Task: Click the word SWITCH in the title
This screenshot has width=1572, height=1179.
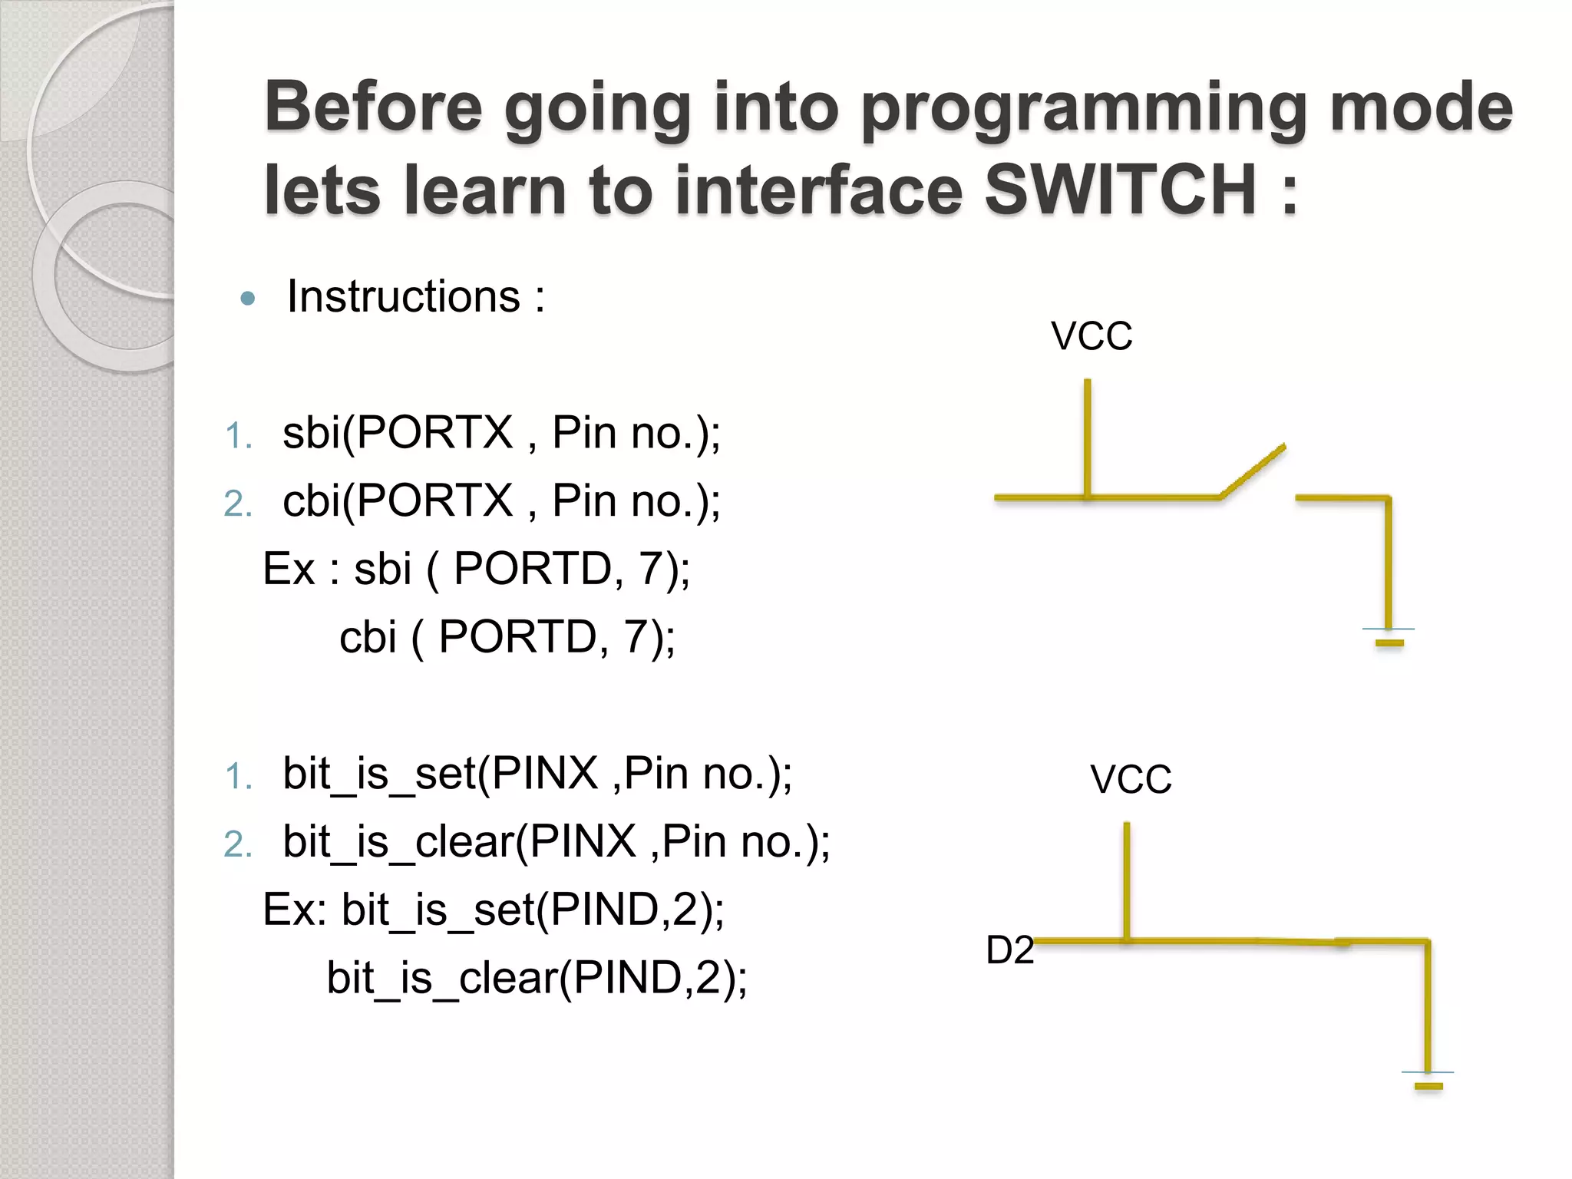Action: pos(1121,190)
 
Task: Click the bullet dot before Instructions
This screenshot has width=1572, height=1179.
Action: pos(247,299)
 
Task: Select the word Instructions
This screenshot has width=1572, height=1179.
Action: pos(404,297)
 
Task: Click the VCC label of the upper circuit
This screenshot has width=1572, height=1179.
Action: pos(1091,336)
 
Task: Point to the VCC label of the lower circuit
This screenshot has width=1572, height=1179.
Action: pos(1131,779)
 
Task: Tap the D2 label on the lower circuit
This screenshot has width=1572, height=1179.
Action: pos(1009,950)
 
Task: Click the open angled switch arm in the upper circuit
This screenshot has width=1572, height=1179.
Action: pos(1253,471)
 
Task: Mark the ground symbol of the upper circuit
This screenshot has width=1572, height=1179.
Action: pos(1389,636)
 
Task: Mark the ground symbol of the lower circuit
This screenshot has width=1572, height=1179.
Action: pos(1428,1079)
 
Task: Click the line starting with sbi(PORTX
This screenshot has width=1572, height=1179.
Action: pos(501,433)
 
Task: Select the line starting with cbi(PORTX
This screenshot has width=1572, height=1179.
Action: pos(501,501)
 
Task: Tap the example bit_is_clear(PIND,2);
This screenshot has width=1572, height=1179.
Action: pos(537,978)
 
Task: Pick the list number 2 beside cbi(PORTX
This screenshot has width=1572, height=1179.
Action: pos(238,504)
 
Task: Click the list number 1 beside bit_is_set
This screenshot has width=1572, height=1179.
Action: pos(238,777)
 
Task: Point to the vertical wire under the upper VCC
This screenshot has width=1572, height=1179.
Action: pos(1087,438)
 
